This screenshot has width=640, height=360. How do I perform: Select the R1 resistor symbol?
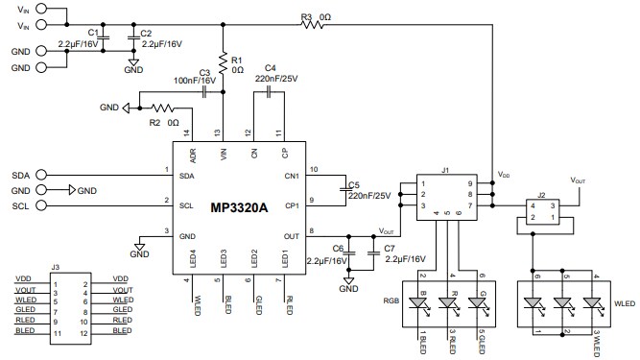(223, 63)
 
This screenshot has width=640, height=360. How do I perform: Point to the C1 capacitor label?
(92, 33)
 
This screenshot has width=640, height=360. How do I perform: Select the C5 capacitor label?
(354, 184)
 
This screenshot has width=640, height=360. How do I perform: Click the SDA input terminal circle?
(48, 177)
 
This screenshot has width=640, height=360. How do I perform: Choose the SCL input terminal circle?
(48, 205)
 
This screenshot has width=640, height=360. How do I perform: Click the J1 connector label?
(444, 171)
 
